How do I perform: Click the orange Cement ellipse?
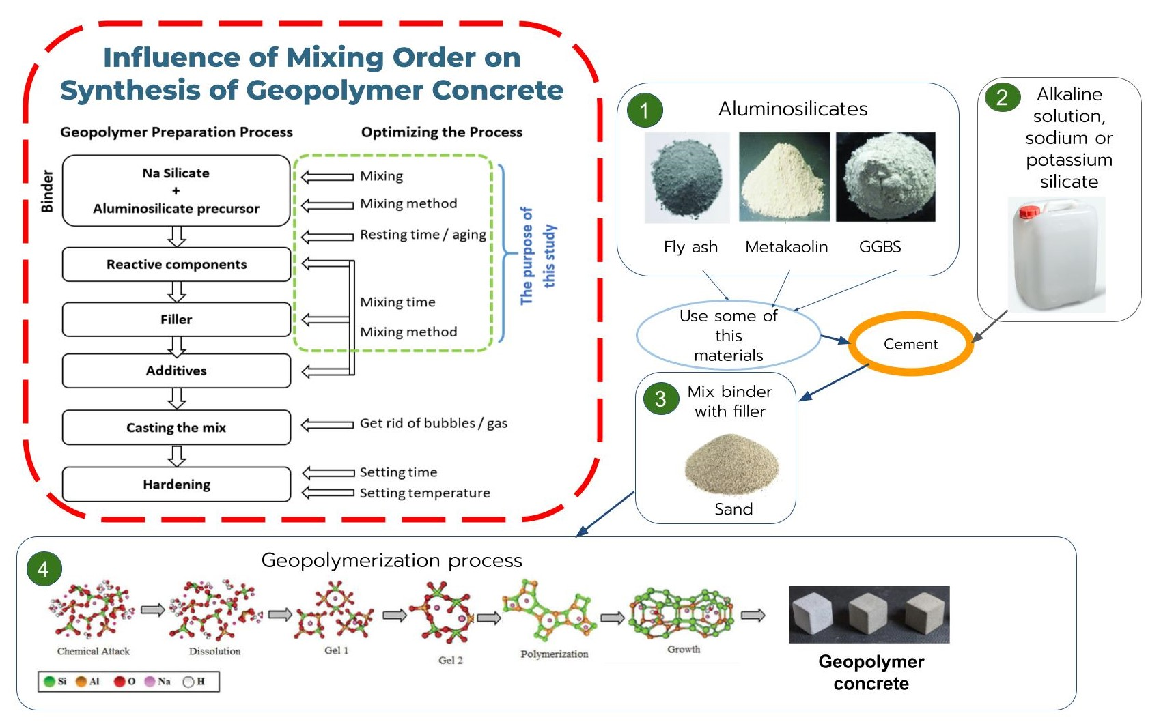click(x=910, y=344)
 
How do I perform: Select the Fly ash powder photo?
click(x=687, y=177)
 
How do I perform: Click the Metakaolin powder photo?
click(x=784, y=177)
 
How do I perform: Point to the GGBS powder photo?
click(x=885, y=177)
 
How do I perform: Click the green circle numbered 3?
click(x=660, y=399)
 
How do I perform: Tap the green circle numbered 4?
click(x=44, y=569)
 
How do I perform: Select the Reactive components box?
click(x=176, y=265)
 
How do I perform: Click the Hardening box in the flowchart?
click(x=176, y=485)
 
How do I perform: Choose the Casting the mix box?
click(x=176, y=428)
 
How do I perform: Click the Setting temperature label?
click(x=425, y=493)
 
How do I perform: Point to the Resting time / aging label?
click(x=423, y=235)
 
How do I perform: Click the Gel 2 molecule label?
click(x=450, y=661)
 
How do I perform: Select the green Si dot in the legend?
click(x=49, y=681)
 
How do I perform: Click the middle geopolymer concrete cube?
click(x=869, y=614)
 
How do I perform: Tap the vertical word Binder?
click(x=46, y=192)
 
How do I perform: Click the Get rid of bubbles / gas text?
click(x=433, y=423)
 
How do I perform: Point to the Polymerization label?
click(x=554, y=654)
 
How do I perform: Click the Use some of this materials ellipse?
click(x=728, y=336)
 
